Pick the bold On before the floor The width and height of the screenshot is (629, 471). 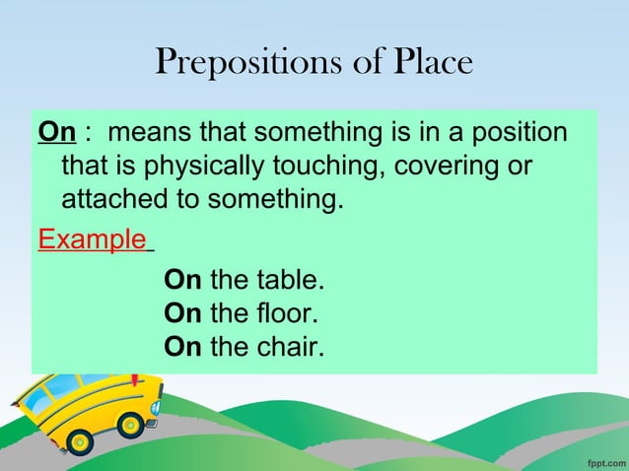coord(182,314)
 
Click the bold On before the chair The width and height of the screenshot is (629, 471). coord(182,348)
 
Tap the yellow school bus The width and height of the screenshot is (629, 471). coord(84,406)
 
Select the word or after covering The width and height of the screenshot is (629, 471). coord(519,167)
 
